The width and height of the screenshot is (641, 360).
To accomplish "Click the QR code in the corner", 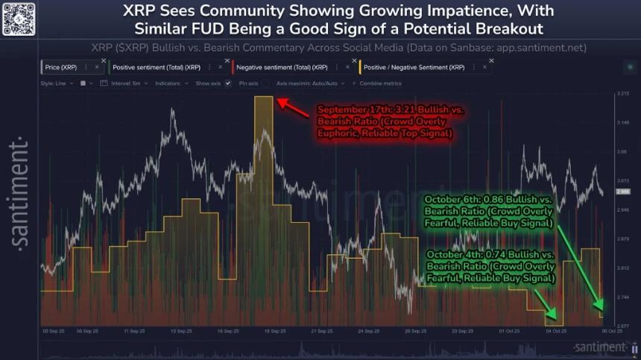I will click(x=19, y=17).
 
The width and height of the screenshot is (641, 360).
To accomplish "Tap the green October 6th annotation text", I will click(x=489, y=212).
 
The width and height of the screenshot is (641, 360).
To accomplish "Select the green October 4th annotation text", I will click(x=490, y=266).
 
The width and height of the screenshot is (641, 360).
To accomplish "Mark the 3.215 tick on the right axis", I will click(x=624, y=94).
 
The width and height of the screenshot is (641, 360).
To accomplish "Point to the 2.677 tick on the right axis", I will click(x=624, y=326).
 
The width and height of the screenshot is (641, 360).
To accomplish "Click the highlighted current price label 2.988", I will click(x=624, y=192).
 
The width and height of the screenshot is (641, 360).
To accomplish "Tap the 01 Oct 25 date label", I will click(x=510, y=331).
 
